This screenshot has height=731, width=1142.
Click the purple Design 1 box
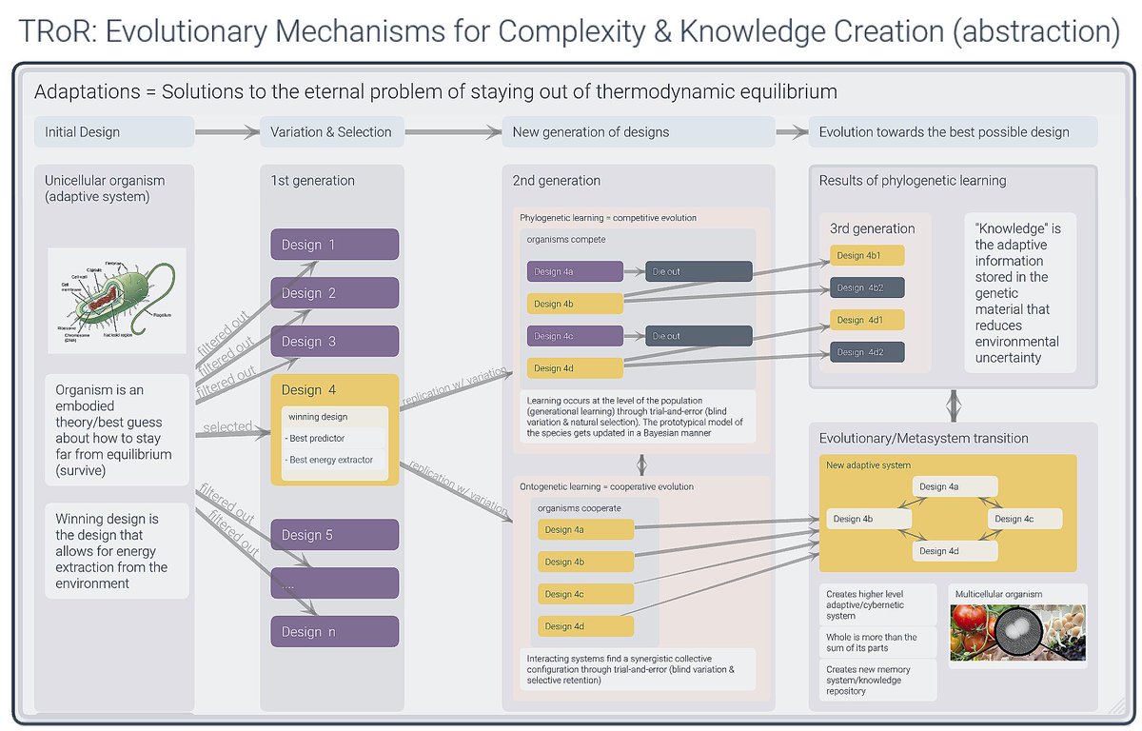pyautogui.click(x=334, y=245)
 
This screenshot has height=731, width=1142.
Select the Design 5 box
pyautogui.click(x=334, y=535)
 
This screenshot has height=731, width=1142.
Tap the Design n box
pyautogui.click(x=334, y=632)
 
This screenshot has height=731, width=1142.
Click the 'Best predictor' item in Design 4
pyautogui.click(x=334, y=438)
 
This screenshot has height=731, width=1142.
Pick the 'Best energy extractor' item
pyautogui.click(x=334, y=461)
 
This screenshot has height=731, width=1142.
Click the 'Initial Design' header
pyautogui.click(x=114, y=132)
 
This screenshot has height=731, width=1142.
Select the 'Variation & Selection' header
pyautogui.click(x=331, y=132)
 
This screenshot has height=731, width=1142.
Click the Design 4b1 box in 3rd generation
pyautogui.click(x=865, y=255)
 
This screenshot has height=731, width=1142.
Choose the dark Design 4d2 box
pyautogui.click(x=865, y=352)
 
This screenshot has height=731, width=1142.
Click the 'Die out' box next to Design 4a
pyautogui.click(x=699, y=272)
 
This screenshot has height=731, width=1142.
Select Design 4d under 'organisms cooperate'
pyautogui.click(x=585, y=626)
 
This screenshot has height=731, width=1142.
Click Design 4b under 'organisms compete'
pyautogui.click(x=575, y=305)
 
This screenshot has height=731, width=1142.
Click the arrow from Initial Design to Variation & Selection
pyautogui.click(x=226, y=132)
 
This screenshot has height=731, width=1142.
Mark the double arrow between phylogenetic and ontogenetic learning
pyautogui.click(x=642, y=464)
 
